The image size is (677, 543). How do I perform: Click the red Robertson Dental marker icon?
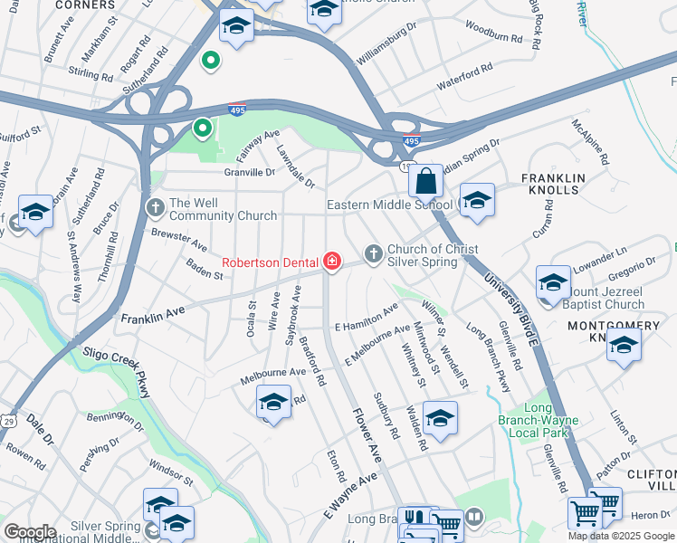[332, 262]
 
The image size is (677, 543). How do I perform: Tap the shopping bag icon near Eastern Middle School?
[425, 180]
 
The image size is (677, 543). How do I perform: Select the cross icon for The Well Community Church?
[155, 208]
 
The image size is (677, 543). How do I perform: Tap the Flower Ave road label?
[367, 424]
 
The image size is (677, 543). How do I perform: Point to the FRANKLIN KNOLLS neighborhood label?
[554, 184]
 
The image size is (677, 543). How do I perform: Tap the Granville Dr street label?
[250, 171]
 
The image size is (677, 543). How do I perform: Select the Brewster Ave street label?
[179, 240]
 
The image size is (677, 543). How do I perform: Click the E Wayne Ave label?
[348, 497]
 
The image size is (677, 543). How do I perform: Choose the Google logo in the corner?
[30, 532]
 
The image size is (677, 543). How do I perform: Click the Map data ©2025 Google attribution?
[621, 536]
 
